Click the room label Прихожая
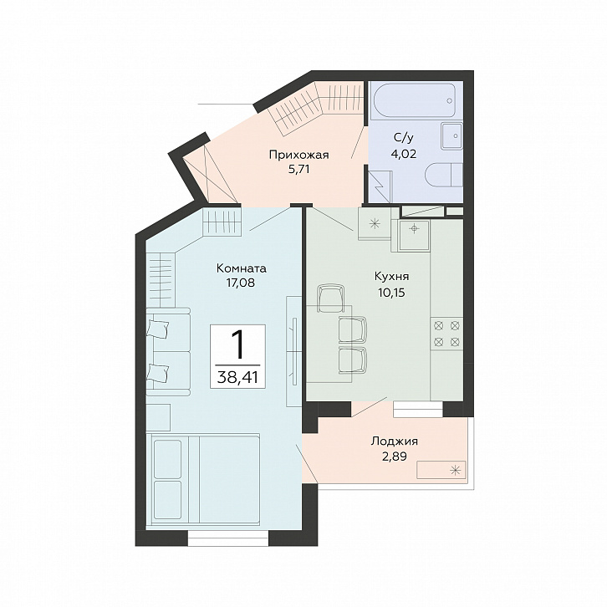pyautogui.click(x=298, y=156)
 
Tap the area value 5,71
pyautogui.click(x=298, y=169)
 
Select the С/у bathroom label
pyautogui.click(x=403, y=137)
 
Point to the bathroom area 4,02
pyautogui.click(x=403, y=154)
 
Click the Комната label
pyautogui.click(x=241, y=268)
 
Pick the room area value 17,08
pyautogui.click(x=241, y=283)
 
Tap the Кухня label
pyautogui.click(x=391, y=277)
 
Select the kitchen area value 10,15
pyautogui.click(x=391, y=293)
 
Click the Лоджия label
pyautogui.click(x=395, y=441)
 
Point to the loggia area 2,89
pyautogui.click(x=395, y=457)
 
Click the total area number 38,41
pyautogui.click(x=237, y=377)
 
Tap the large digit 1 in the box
pyautogui.click(x=237, y=344)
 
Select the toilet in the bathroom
pyautogui.click(x=444, y=175)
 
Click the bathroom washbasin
pyautogui.click(x=451, y=136)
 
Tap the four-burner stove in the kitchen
pyautogui.click(x=446, y=334)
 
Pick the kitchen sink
pyautogui.click(x=414, y=235)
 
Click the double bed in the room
pyautogui.click(x=203, y=479)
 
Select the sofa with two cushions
pyautogui.click(x=168, y=352)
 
